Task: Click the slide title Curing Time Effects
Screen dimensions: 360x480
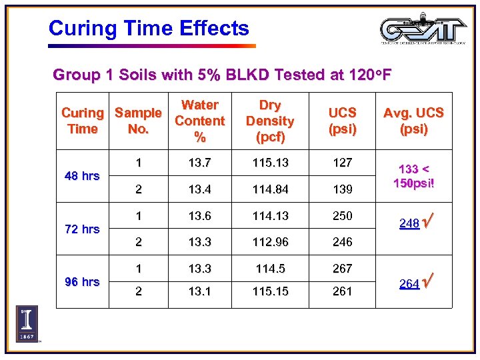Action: pyautogui.click(x=149, y=29)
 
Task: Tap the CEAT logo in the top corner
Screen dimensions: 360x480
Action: pyautogui.click(x=423, y=29)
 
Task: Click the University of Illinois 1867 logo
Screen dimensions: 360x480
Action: pyautogui.click(x=27, y=324)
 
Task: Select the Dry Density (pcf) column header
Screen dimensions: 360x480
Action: pyautogui.click(x=269, y=121)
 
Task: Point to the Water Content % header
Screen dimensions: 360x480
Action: pyautogui.click(x=199, y=121)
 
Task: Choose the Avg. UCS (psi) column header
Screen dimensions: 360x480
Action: pyautogui.click(x=413, y=121)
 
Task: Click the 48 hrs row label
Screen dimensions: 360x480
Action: pyautogui.click(x=82, y=176)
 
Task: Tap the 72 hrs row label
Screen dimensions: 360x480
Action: pyautogui.click(x=82, y=229)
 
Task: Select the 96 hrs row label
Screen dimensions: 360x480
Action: pyautogui.click(x=82, y=281)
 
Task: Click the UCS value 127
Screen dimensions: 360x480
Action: pyautogui.click(x=342, y=162)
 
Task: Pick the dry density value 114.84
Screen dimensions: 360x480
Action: pyautogui.click(x=269, y=189)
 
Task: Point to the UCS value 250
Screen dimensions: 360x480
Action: pyautogui.click(x=342, y=216)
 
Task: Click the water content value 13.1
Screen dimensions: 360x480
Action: pyautogui.click(x=199, y=291)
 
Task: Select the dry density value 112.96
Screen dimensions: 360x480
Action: pyautogui.click(x=269, y=242)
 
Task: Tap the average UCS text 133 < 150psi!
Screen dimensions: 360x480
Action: pyautogui.click(x=413, y=176)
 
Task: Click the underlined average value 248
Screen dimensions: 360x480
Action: pyautogui.click(x=409, y=224)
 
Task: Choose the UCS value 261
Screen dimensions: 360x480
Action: pyautogui.click(x=342, y=291)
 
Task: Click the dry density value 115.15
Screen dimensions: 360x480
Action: pyautogui.click(x=269, y=291)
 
